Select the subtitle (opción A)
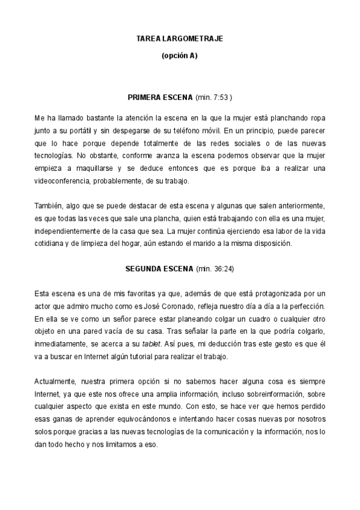(180, 56)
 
